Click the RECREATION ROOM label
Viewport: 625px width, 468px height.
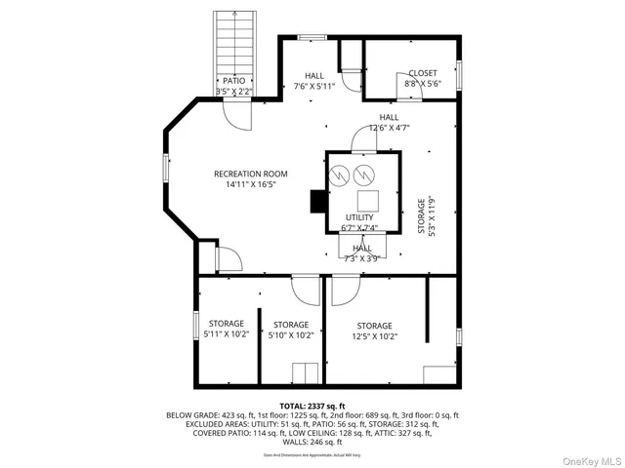251,174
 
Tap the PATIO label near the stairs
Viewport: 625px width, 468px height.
233,81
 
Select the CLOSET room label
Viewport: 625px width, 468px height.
423,73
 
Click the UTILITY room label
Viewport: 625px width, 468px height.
358,217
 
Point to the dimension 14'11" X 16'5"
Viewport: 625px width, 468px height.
251,184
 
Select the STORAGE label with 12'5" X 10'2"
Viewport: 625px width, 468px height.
374,326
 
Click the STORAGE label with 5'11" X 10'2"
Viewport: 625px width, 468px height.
223,324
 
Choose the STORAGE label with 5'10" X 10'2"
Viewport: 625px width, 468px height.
291,325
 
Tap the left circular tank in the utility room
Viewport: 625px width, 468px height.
339,176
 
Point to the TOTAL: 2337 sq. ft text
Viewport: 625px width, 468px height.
312,406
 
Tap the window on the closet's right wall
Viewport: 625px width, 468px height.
458,74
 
